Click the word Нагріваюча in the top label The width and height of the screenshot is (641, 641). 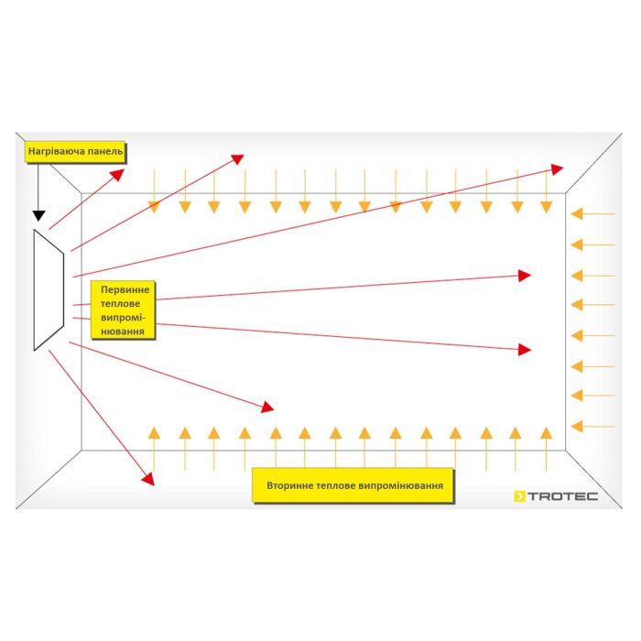pos(57,152)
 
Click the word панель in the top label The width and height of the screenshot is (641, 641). pos(105,151)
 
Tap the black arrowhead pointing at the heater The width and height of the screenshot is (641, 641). pos(38,216)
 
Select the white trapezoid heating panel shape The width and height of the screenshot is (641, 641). pos(49,290)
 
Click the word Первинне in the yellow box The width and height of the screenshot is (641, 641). pos(125,290)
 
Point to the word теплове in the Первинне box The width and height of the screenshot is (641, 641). pos(120,304)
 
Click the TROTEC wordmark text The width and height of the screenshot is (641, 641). pos(562,496)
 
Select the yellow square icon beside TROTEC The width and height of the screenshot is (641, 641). pos(519,496)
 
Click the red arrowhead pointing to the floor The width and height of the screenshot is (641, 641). pos(148,479)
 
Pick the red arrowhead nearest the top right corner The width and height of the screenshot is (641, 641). pos(557,169)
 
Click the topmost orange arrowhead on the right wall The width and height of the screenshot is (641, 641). pos(577,213)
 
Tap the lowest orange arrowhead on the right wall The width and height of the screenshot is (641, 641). pos(577,427)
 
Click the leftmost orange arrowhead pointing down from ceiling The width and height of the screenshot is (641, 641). pos(154,207)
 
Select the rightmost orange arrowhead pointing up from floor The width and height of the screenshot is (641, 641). pos(546,433)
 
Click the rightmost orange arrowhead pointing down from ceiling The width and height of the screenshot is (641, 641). pos(546,207)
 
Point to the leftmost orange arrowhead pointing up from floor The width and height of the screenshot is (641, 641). pos(154,433)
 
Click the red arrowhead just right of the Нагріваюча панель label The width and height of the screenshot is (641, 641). pos(117,175)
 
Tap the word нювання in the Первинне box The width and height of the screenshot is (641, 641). pos(123,331)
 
